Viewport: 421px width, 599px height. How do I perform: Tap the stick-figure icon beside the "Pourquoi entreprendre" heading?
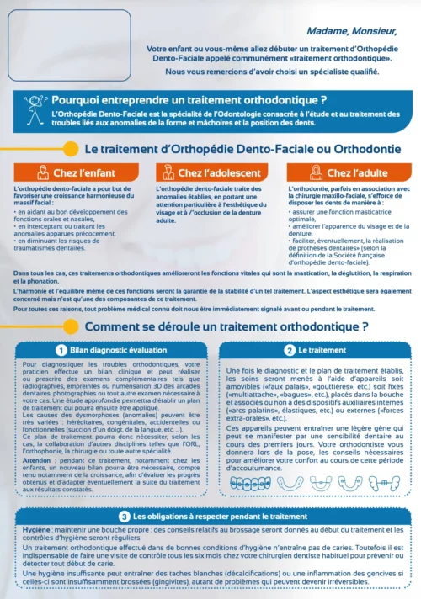(35, 109)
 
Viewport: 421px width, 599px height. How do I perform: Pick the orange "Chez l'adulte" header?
(353, 173)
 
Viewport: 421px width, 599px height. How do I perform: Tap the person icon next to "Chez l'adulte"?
(317, 172)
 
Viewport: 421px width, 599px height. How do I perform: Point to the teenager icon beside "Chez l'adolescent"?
(168, 172)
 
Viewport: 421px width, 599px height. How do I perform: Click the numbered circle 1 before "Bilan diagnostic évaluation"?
(61, 349)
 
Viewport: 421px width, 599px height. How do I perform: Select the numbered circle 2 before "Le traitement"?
(290, 349)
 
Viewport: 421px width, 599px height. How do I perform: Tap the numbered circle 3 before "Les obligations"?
(124, 517)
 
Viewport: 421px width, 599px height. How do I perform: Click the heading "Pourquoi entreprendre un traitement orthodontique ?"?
(189, 101)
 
